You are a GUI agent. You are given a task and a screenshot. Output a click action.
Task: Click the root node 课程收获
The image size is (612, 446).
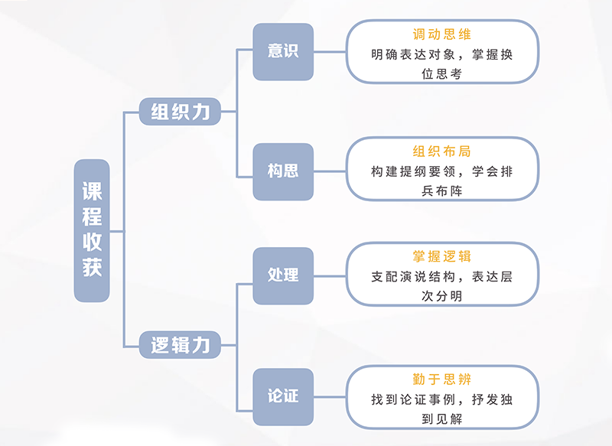pos(92,230)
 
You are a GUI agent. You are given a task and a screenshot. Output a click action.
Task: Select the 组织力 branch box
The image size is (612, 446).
pos(180,112)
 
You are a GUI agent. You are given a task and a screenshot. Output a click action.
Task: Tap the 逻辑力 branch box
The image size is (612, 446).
pos(180,345)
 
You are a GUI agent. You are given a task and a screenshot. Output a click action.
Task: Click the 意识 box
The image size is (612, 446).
pos(283,51)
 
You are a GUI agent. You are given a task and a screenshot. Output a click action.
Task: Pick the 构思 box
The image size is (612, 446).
pos(283,171)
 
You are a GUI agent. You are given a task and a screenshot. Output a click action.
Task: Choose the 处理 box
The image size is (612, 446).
pos(283,275)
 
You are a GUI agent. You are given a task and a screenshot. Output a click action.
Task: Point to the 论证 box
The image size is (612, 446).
pos(283,396)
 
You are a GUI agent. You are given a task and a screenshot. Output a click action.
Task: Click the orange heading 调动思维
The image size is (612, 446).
pos(441,34)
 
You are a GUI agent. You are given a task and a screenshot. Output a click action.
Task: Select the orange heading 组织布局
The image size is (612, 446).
pos(441,151)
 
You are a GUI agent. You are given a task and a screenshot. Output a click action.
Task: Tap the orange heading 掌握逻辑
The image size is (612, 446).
pos(441,256)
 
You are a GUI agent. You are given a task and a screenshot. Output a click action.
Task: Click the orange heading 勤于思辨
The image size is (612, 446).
pos(441,379)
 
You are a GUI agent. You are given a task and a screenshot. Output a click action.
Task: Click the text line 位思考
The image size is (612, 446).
pos(441,74)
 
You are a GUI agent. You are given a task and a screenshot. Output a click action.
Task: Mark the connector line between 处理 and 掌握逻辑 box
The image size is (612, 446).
pos(330,275)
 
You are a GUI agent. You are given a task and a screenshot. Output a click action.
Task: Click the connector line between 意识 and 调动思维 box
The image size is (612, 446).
pos(330,51)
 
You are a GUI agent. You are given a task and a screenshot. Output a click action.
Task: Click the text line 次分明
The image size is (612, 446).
pos(441,295)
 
